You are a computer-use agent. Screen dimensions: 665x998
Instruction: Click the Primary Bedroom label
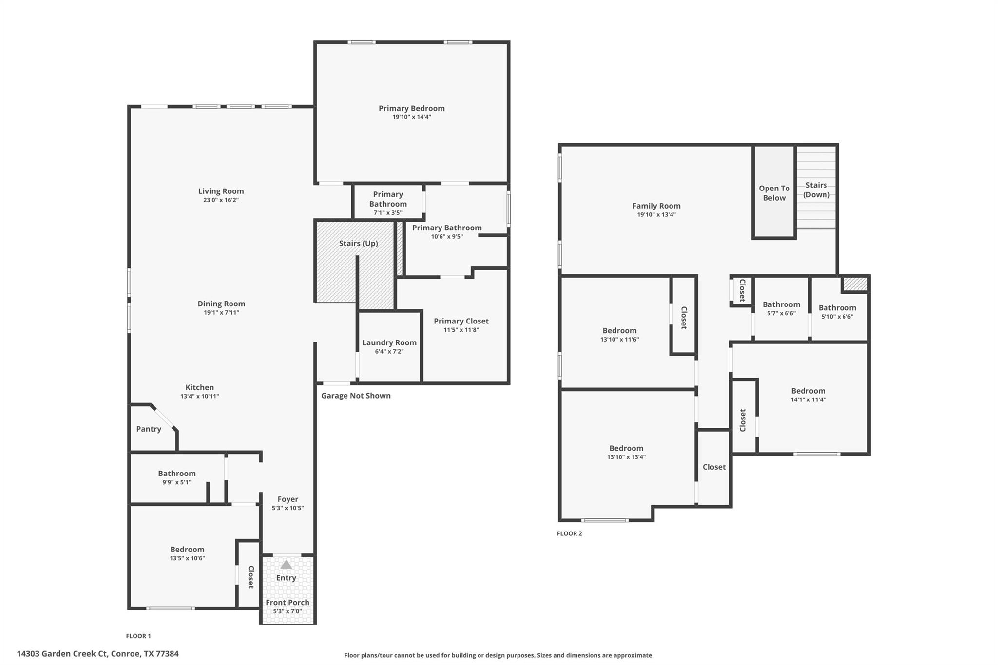click(411, 108)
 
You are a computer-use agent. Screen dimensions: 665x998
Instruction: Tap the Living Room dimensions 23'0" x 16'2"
click(221, 200)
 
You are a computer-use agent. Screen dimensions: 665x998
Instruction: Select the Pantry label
click(149, 429)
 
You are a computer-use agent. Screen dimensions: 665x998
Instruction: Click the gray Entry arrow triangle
click(286, 565)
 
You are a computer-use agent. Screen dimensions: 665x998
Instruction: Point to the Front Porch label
click(288, 602)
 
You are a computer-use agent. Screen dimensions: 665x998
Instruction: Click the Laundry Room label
click(389, 342)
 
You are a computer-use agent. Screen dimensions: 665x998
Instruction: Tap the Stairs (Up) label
click(358, 243)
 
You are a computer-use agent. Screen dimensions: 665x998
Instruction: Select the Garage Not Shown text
click(356, 396)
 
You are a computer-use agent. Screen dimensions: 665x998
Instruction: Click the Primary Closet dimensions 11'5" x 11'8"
click(461, 330)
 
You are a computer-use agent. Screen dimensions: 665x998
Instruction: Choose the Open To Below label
click(774, 193)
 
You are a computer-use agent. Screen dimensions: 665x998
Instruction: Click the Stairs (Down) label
click(816, 190)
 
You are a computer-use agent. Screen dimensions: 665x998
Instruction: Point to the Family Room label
click(656, 206)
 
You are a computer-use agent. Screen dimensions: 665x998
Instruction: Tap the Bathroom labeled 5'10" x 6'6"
click(837, 307)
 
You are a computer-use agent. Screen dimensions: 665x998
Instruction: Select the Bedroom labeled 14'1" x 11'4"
click(807, 391)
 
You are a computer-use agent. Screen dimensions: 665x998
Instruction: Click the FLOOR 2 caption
click(569, 533)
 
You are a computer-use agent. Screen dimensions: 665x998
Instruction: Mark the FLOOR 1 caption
click(138, 636)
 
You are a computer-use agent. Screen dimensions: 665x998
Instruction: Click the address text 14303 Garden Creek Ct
click(97, 654)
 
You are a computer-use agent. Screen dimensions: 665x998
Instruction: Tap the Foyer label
click(288, 499)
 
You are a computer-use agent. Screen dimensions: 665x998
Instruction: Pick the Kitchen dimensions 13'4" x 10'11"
click(199, 396)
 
